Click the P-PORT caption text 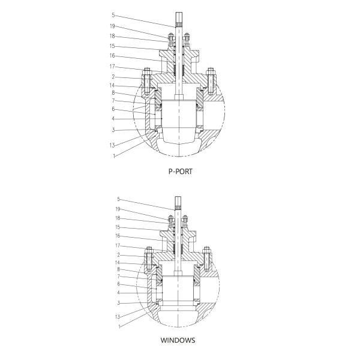tap(180, 170)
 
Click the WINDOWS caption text tap(178, 340)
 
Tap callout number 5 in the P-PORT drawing tap(113, 14)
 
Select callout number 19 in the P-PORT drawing tap(112, 26)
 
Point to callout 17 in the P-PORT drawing tap(112, 66)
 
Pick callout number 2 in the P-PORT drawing tap(112, 76)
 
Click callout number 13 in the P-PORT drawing tap(112, 145)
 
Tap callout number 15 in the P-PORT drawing tap(112, 46)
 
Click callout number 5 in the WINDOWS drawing tap(119, 199)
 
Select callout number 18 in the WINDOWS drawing tap(118, 218)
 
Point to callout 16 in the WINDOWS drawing tap(118, 236)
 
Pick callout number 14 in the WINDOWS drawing tap(118, 262)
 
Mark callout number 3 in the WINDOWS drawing tap(119, 302)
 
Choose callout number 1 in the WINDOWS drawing tap(119, 326)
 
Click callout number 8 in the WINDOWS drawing tap(119, 269)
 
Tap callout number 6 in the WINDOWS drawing tap(119, 283)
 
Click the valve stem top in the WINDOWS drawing tap(179, 199)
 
